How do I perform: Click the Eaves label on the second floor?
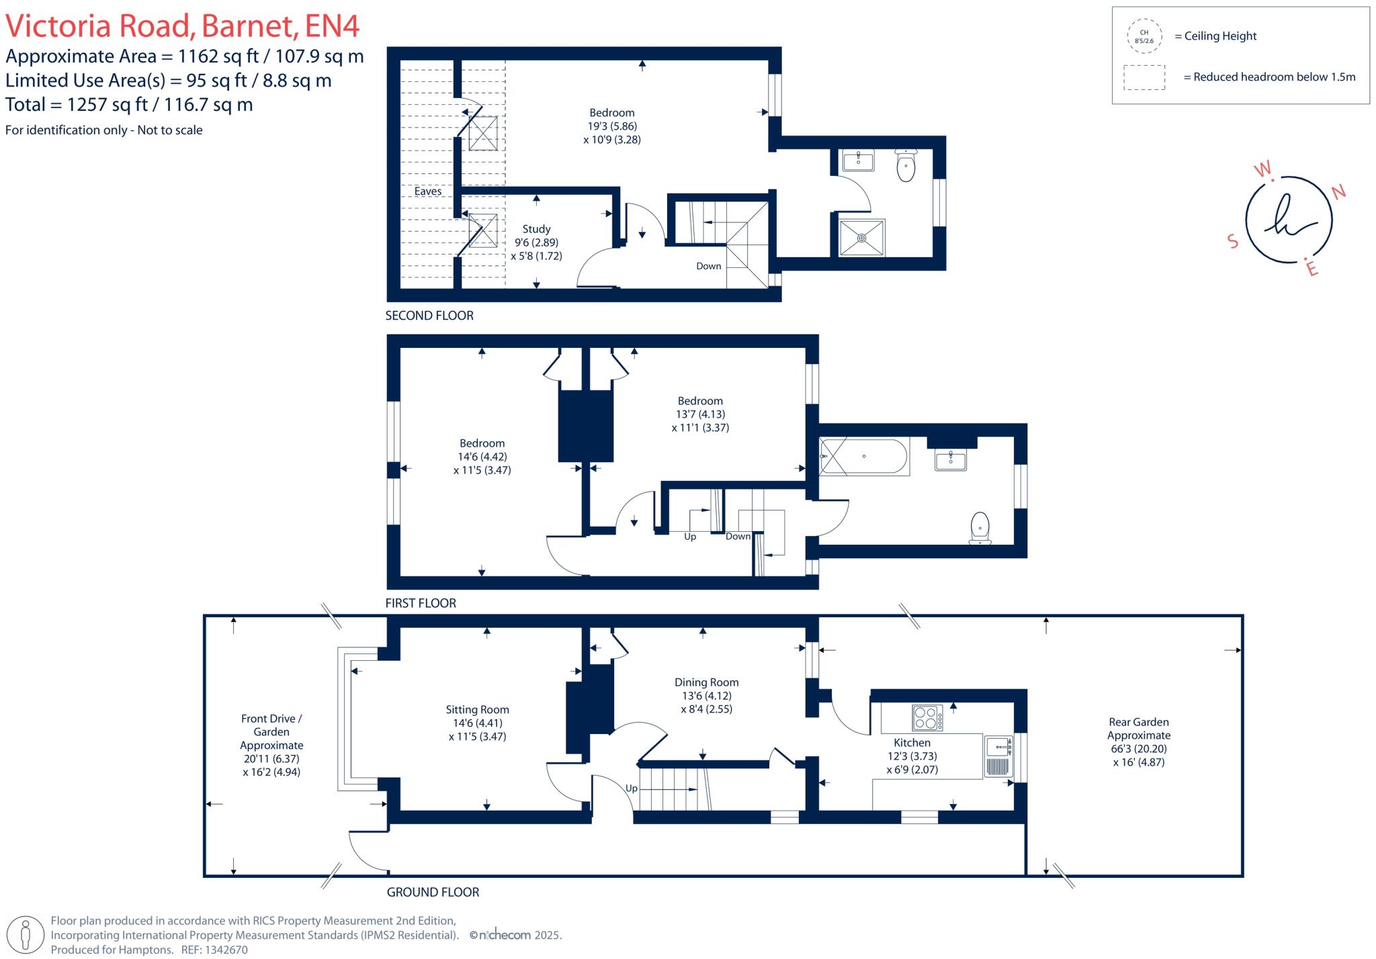pyautogui.click(x=427, y=191)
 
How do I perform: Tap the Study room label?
pyautogui.click(x=536, y=230)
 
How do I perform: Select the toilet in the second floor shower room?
pyautogui.click(x=906, y=166)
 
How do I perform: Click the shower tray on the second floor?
pyautogui.click(x=861, y=238)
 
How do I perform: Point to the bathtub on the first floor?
pyautogui.click(x=864, y=457)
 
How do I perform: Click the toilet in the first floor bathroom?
pyautogui.click(x=980, y=528)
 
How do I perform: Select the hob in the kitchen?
pyautogui.click(x=927, y=718)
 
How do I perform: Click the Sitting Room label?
pyautogui.click(x=477, y=710)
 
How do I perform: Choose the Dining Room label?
pyautogui.click(x=706, y=682)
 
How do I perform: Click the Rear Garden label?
pyautogui.click(x=1138, y=723)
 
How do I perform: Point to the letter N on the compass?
pyautogui.click(x=1338, y=193)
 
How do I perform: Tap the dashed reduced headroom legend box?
pyautogui.click(x=1144, y=77)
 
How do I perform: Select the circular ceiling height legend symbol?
pyautogui.click(x=1144, y=36)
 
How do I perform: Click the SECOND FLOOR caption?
pyautogui.click(x=429, y=316)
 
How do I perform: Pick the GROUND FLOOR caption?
pyautogui.click(x=433, y=893)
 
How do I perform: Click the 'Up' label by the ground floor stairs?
pyautogui.click(x=632, y=788)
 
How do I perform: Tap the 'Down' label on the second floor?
pyautogui.click(x=708, y=267)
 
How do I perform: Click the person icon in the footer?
pyautogui.click(x=26, y=935)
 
